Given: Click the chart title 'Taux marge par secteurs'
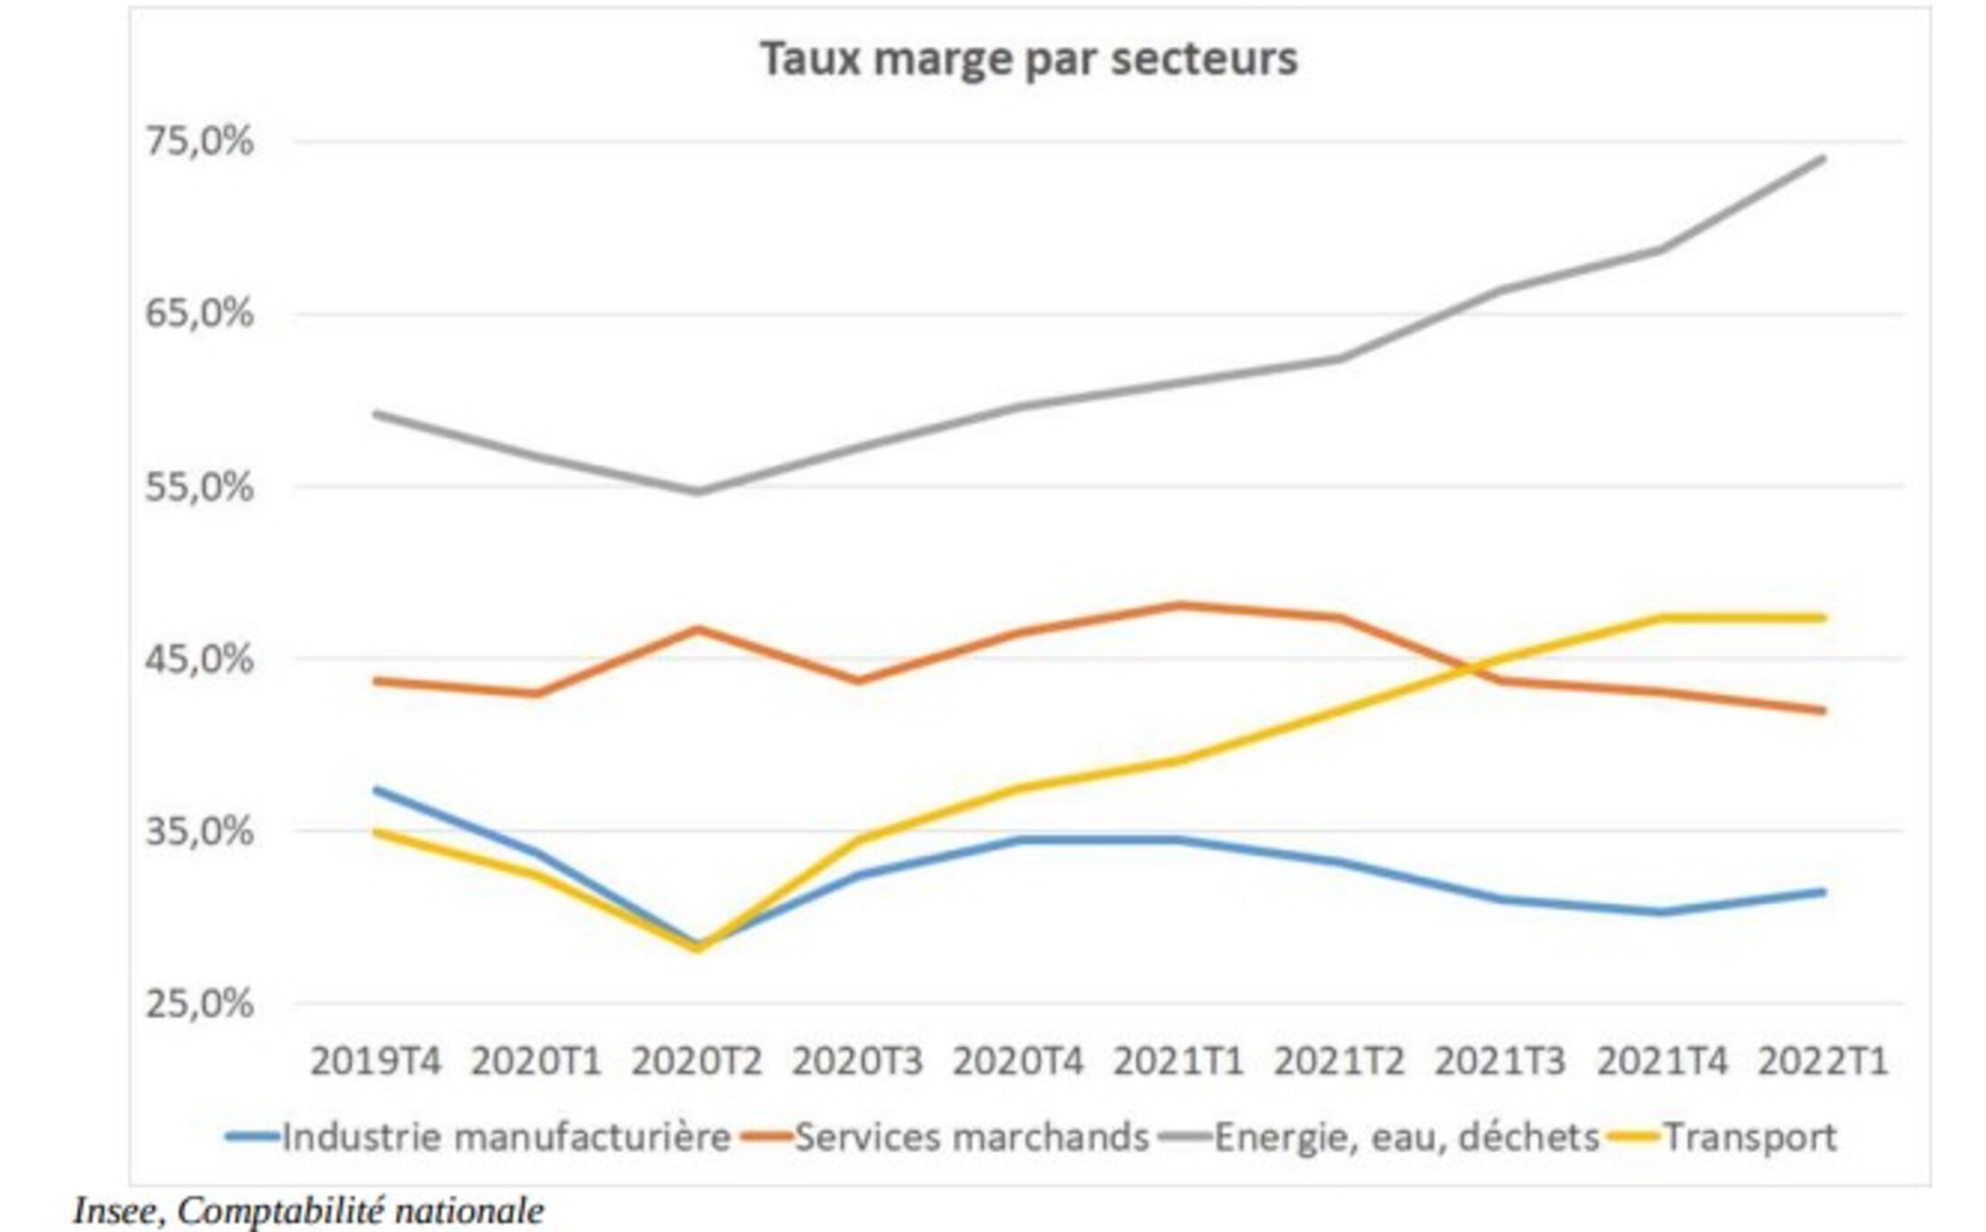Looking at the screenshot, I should point(1028,60).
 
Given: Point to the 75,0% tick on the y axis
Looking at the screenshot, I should point(200,142).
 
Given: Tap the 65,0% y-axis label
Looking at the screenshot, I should point(200,314).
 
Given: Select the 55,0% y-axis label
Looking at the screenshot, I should point(200,487).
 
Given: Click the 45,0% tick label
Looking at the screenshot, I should point(200,659).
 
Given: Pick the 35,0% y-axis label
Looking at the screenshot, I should point(200,831).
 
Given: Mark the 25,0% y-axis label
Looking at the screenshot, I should point(200,1003).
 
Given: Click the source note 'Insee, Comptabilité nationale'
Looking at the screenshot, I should point(309,1211).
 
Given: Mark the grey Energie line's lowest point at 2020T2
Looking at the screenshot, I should point(697,491).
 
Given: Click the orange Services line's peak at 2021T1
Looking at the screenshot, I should point(1179,605).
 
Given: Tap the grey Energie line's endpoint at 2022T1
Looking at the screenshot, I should point(1823,160).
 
